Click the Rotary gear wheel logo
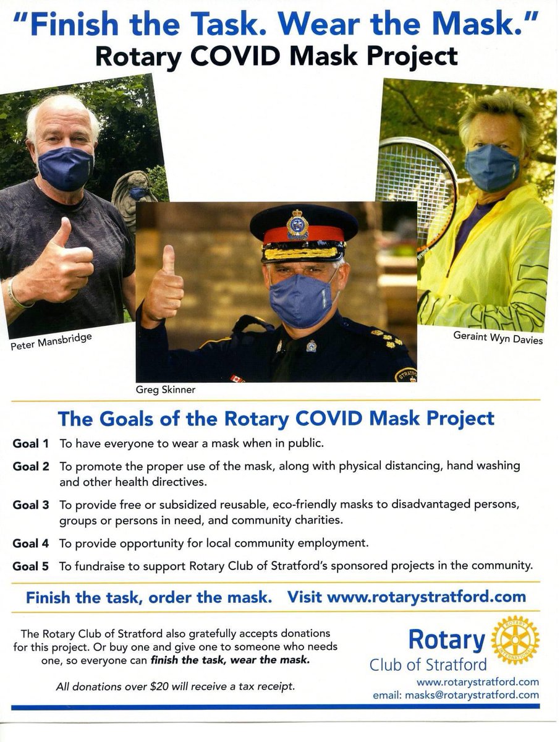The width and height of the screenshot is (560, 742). pos(514,640)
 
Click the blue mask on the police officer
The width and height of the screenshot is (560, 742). pos(301,299)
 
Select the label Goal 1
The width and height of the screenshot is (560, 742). pos(30,443)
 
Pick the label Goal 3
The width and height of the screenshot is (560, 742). pos(30,505)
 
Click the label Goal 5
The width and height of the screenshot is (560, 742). pos(30,565)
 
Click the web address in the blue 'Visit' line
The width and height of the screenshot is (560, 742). pos(426,597)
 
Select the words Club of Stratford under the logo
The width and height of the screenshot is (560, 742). pos(428,665)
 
